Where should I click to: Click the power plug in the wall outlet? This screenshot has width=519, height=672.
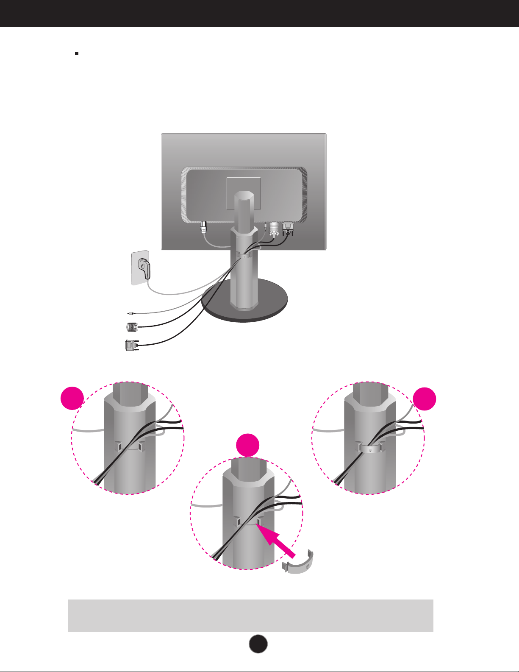coord(144,268)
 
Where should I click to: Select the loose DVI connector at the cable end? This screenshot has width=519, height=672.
coord(130,345)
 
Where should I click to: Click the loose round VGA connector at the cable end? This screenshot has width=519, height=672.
coord(132,327)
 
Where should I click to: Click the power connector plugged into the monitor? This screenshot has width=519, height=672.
coord(204,228)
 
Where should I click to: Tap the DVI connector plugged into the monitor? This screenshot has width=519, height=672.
coord(288,227)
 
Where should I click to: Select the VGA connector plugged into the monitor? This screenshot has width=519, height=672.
coord(274,228)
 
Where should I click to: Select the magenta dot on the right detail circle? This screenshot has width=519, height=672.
coord(425,398)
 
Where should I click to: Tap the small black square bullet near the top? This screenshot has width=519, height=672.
coord(77,54)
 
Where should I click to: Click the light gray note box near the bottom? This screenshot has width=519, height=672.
coord(250,615)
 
